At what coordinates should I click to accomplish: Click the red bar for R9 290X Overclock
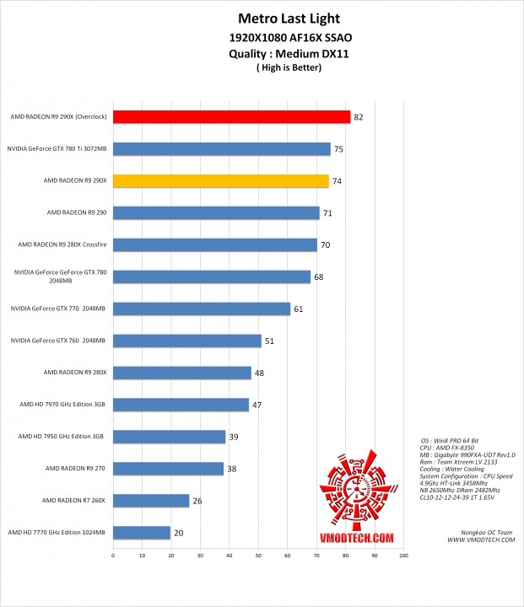[x=231, y=117]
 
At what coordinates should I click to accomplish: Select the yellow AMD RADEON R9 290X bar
[x=220, y=180]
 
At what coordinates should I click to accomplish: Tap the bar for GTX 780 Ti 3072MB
[x=222, y=149]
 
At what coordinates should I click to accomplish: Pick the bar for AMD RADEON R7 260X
[x=151, y=501]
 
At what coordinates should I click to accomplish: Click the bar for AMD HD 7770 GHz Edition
[x=142, y=533]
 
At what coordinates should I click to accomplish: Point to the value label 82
[x=359, y=117]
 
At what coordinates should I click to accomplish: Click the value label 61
[x=298, y=309]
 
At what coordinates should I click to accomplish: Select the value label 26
[x=197, y=501]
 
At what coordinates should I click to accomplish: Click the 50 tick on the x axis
[x=258, y=556]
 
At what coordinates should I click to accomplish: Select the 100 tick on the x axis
[x=403, y=556]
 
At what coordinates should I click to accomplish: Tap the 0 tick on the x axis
[x=113, y=556]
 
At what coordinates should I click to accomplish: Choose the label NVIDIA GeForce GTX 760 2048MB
[x=58, y=341]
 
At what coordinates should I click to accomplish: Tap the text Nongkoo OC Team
[x=489, y=532]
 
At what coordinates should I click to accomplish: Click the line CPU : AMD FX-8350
[x=456, y=449]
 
